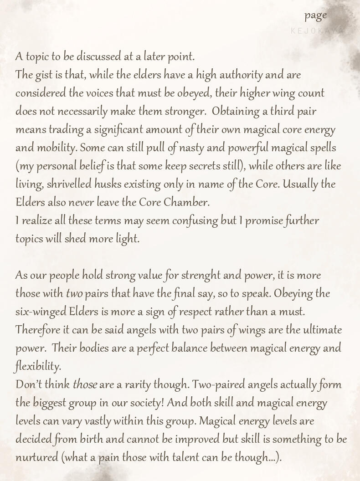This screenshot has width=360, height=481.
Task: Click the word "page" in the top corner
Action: tap(316, 15)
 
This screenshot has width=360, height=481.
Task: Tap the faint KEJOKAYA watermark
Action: tap(318, 31)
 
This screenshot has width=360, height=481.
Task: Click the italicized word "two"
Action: tap(74, 294)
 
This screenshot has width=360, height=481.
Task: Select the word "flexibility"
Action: tap(38, 367)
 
